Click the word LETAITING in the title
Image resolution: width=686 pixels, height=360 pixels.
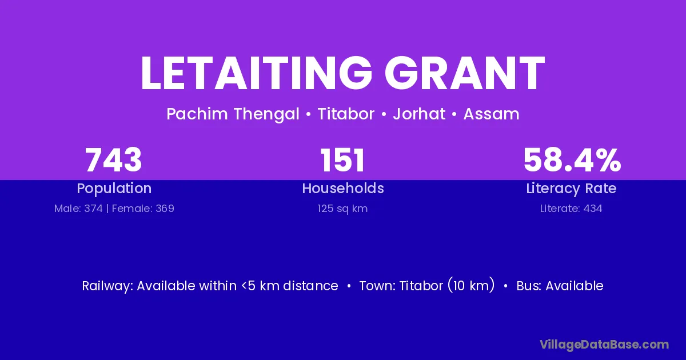[x=256, y=73]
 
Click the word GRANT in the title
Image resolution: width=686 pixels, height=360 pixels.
[x=465, y=73]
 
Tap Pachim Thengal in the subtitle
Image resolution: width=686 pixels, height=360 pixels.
[x=233, y=114]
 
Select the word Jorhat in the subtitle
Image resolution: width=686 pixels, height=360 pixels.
[x=419, y=114]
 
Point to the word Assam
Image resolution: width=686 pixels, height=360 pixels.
[x=491, y=114]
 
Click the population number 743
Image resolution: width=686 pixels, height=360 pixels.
[x=114, y=160]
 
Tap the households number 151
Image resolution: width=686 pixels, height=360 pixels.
[x=342, y=160]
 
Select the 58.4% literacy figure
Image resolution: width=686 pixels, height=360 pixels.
[x=572, y=160]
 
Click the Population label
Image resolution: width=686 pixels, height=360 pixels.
[x=114, y=189]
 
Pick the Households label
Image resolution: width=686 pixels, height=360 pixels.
[x=343, y=188]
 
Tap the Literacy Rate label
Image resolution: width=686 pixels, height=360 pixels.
[x=571, y=189]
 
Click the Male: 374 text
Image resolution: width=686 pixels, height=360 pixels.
[x=78, y=209]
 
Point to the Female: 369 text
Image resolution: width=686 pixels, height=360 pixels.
[x=143, y=209]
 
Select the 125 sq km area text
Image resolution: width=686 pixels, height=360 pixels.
[x=342, y=209]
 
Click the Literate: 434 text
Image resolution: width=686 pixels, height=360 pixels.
[x=571, y=209]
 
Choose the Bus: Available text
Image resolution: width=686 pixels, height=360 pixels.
[x=560, y=286]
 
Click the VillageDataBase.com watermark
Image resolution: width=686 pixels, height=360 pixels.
[x=604, y=345]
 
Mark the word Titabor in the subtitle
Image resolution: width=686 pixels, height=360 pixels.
[x=346, y=114]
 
